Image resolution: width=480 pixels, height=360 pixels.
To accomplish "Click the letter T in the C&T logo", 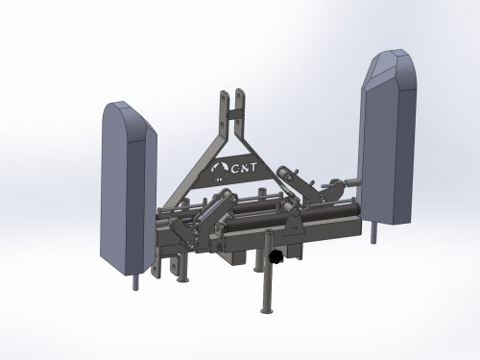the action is [252, 168].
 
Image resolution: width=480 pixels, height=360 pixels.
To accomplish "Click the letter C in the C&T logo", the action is [235, 169].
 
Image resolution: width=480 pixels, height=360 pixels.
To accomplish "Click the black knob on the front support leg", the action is [275, 256].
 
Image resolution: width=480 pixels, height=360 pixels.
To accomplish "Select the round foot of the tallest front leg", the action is [267, 310].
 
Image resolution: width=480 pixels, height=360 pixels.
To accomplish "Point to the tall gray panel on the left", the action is [129, 189].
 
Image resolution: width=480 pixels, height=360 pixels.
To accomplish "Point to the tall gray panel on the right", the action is [388, 137].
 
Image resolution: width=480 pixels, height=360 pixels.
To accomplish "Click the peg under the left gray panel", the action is [136, 281].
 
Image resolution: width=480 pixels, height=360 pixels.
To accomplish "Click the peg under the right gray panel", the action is [374, 232].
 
